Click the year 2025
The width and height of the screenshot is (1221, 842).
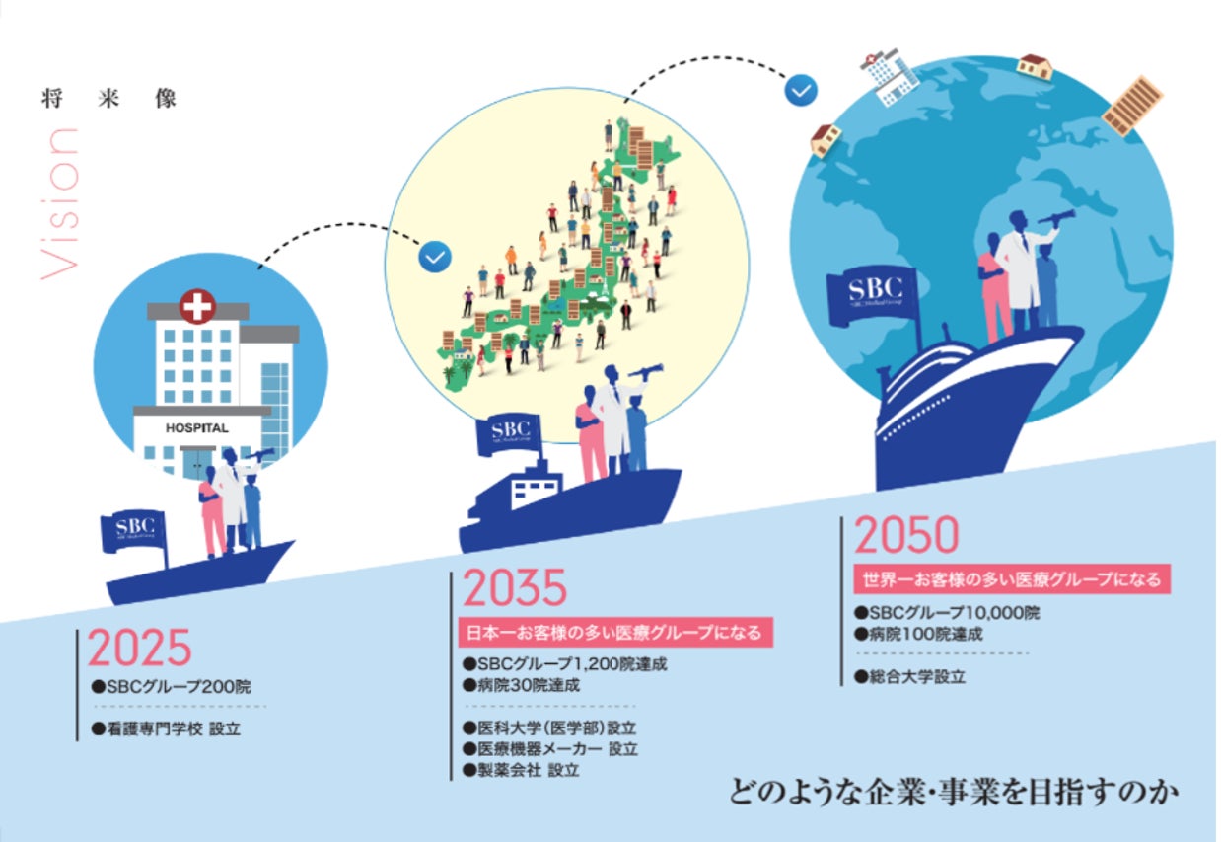click(x=139, y=649)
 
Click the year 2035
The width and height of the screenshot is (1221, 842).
click(x=515, y=589)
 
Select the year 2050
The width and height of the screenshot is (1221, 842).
click(x=905, y=536)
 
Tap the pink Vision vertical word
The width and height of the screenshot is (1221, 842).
click(x=60, y=202)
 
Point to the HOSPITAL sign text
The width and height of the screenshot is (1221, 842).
click(x=197, y=428)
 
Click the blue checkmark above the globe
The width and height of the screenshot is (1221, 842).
click(x=800, y=90)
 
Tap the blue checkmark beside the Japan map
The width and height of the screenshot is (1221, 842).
click(x=434, y=257)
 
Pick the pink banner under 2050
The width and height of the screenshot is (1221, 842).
click(x=1011, y=578)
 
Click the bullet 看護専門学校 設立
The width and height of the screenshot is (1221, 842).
click(x=166, y=729)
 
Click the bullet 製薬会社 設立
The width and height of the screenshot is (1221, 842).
click(x=522, y=770)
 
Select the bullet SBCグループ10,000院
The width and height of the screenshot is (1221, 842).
click(x=947, y=613)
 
